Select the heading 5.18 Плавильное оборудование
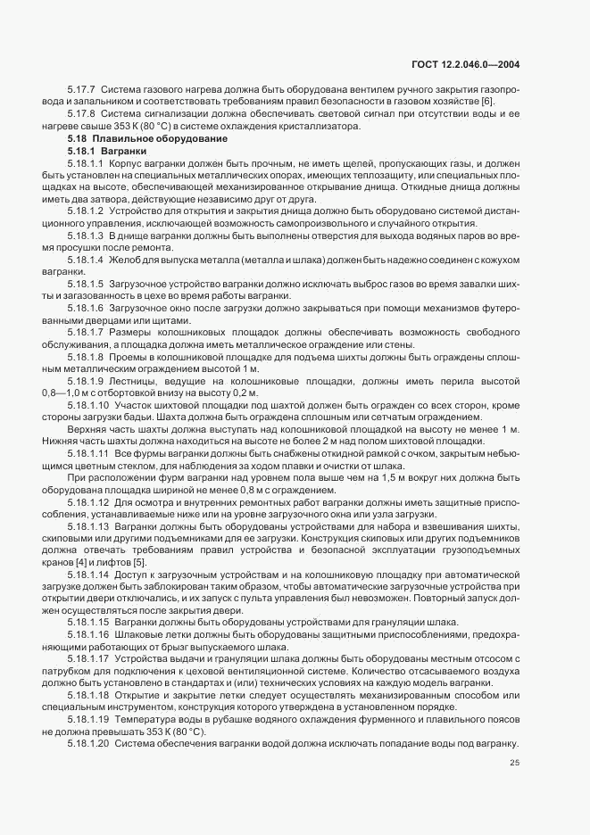(137, 138)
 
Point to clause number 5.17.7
(81, 89)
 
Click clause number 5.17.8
(81, 114)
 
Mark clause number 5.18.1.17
(89, 657)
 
